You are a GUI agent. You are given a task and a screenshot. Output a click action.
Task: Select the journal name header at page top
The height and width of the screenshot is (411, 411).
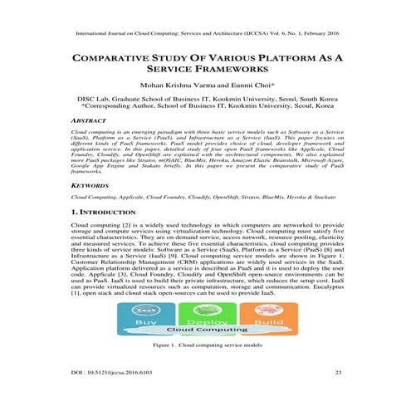(205, 36)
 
